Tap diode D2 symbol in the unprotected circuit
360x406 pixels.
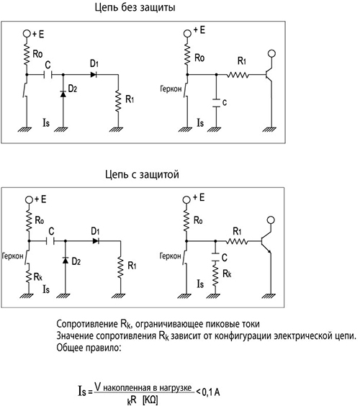pos(63,94)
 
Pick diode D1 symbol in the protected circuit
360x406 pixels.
pos(96,241)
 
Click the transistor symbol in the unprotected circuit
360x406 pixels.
pos(269,75)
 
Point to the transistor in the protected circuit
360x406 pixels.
pos(267,242)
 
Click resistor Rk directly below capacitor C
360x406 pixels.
pos(215,274)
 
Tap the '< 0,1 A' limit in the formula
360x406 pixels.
pos(208,392)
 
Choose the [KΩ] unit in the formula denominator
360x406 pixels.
pos(150,400)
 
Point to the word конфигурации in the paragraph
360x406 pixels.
pos(243,336)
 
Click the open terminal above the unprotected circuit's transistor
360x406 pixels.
pos(271,53)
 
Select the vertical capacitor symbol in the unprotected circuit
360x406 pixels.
pos(216,103)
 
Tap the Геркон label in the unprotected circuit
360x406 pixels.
pos(171,89)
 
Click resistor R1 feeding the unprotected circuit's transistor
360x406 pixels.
pos(238,75)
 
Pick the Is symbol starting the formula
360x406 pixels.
pos(82,391)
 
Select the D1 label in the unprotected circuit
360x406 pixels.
pos(94,63)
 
